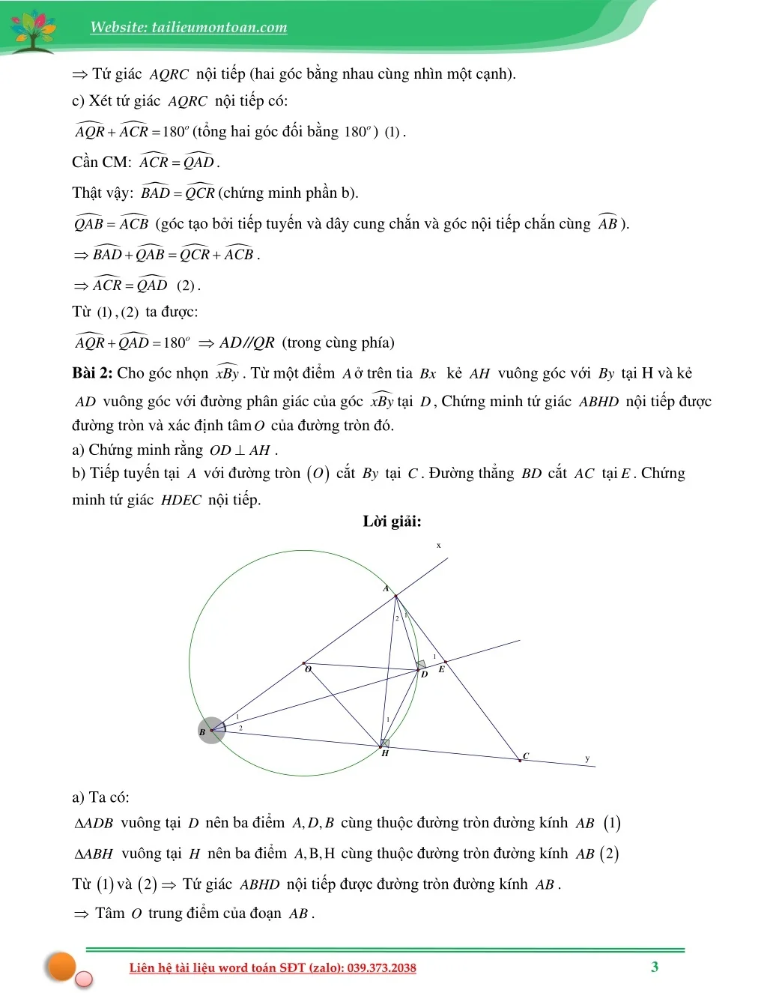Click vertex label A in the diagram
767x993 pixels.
pyautogui.click(x=386, y=588)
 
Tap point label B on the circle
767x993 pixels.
pyautogui.click(x=202, y=732)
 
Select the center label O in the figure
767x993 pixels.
pyautogui.click(x=308, y=669)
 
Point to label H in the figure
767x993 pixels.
pyautogui.click(x=385, y=753)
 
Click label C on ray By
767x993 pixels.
pyautogui.click(x=526, y=755)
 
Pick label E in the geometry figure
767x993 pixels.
pyautogui.click(x=441, y=669)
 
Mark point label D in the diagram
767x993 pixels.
pyautogui.click(x=424, y=674)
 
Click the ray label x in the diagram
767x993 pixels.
pyautogui.click(x=439, y=546)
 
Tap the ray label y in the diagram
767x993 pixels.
pyautogui.click(x=587, y=758)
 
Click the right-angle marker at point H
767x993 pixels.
pyautogui.click(x=385, y=743)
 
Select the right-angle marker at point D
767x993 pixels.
pyautogui.click(x=421, y=665)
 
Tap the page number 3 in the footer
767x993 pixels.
pyautogui.click(x=655, y=967)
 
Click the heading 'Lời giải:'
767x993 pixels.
pyautogui.click(x=392, y=522)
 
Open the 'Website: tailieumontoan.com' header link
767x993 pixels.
pyautogui.click(x=189, y=28)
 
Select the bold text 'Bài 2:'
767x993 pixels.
pyautogui.click(x=92, y=373)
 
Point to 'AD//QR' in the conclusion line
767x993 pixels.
pyautogui.click(x=247, y=342)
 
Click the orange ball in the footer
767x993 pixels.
pyautogui.click(x=61, y=966)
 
